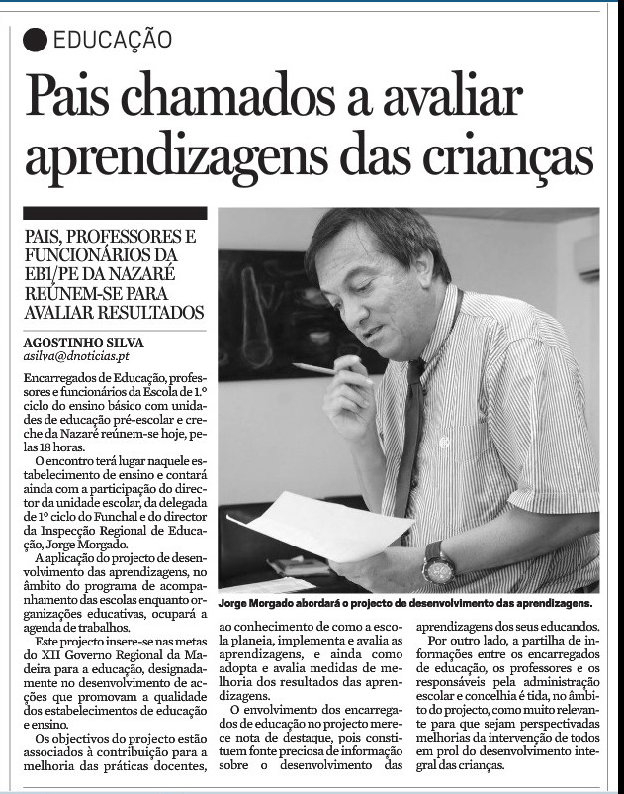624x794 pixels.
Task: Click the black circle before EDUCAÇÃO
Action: point(36,40)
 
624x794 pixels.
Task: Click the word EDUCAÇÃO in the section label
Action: point(113,40)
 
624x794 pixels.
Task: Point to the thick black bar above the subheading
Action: point(115,213)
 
